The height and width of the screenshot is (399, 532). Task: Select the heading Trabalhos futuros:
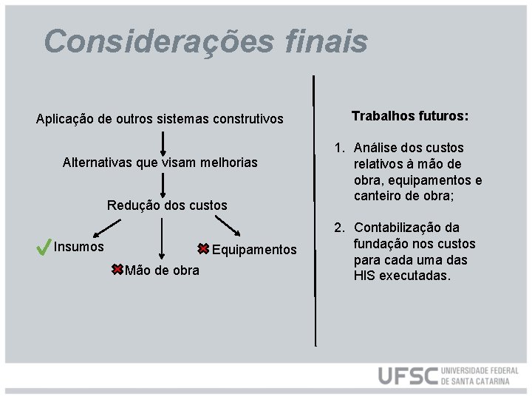410,117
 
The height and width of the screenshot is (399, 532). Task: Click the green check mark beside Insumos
43,248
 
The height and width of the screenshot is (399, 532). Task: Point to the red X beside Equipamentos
203,249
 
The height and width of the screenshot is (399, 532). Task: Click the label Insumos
79,247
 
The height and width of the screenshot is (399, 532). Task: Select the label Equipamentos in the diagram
254,250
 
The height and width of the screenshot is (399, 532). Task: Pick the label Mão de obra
162,270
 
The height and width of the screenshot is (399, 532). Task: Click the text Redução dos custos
167,205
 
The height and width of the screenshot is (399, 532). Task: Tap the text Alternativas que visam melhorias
160,162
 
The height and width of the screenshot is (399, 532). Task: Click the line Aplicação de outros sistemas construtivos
160,119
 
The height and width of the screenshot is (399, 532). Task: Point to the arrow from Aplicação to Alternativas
163,143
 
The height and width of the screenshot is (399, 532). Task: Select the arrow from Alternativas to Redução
163,184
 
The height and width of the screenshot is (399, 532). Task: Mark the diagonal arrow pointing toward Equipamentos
225,222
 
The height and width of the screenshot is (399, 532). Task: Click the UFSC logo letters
408,375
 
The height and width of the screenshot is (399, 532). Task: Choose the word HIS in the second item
364,276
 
